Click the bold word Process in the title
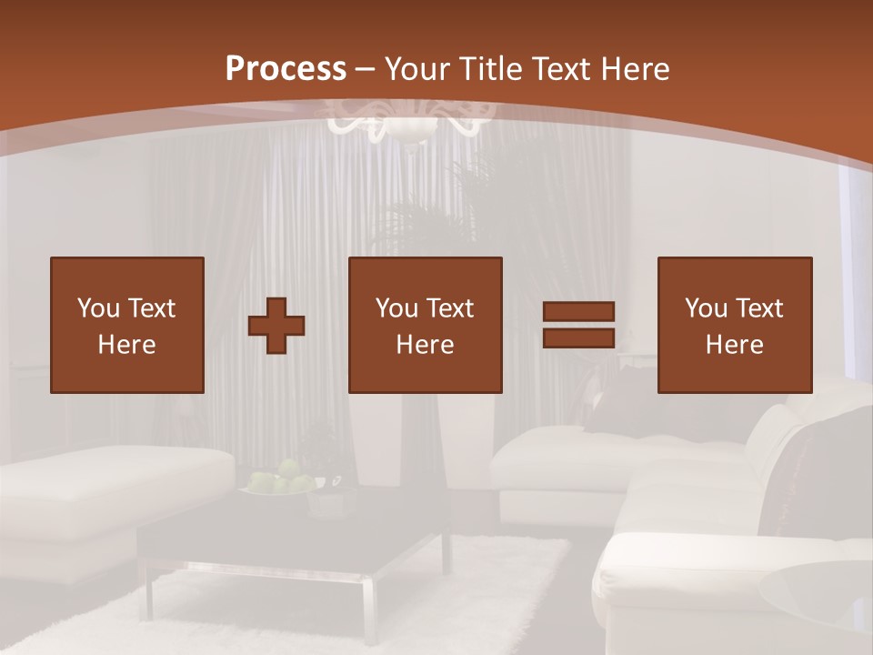click(x=286, y=68)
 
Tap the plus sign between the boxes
click(x=276, y=325)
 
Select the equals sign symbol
click(x=578, y=325)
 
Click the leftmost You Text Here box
click(x=126, y=325)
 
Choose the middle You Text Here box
click(x=425, y=325)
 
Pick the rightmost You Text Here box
click(x=734, y=325)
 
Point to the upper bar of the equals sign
click(x=578, y=312)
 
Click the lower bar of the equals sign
click(x=578, y=338)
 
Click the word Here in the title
click(x=637, y=68)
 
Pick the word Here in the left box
click(x=126, y=345)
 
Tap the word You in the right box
click(x=706, y=308)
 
